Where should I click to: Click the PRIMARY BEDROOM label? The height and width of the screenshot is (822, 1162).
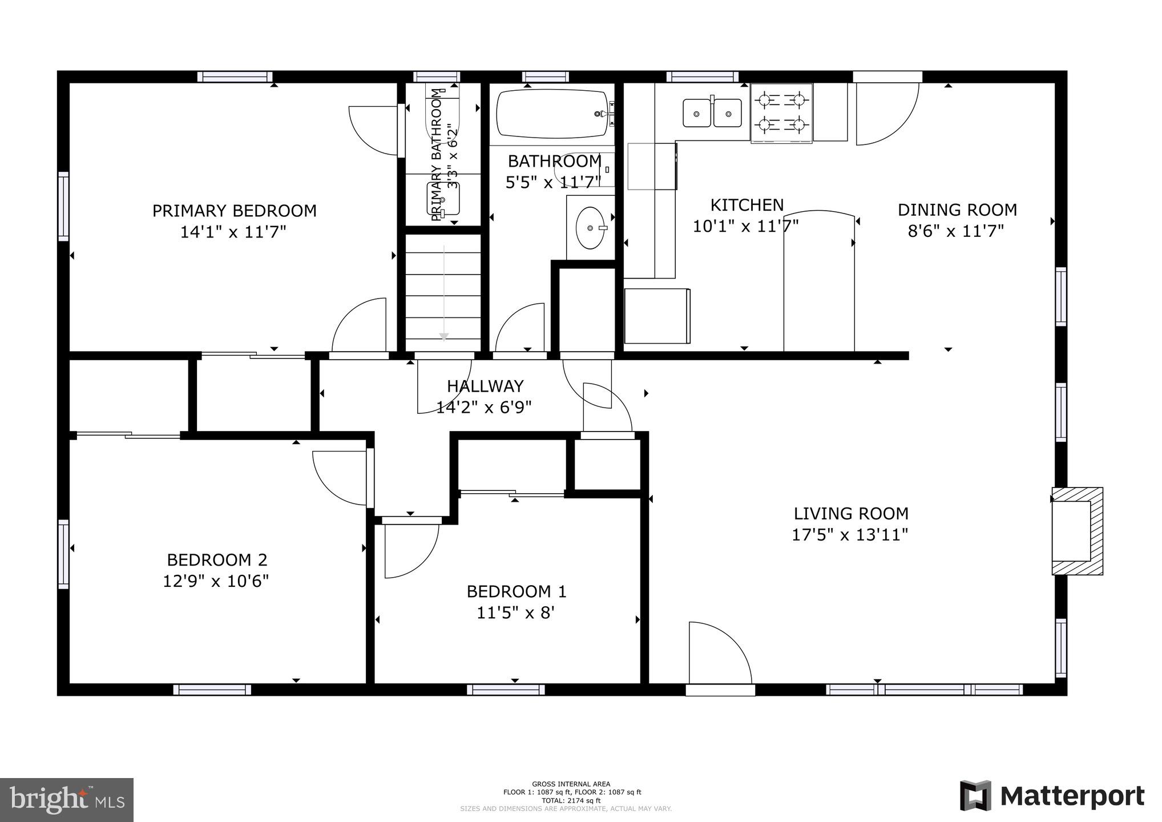(x=234, y=211)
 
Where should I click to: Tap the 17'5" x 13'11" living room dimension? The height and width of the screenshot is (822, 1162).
(x=850, y=535)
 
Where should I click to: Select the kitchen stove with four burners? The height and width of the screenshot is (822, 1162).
(x=781, y=112)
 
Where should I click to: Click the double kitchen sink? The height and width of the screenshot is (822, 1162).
(x=712, y=112)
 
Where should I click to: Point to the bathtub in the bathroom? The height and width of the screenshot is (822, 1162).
(x=552, y=114)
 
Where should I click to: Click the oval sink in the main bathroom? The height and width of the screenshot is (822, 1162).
(x=590, y=228)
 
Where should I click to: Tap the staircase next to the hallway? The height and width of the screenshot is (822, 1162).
(x=443, y=291)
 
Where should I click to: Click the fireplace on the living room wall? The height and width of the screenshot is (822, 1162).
(x=1076, y=531)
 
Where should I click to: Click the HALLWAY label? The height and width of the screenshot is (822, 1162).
(x=485, y=386)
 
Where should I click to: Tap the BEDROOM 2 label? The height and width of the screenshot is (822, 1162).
(x=217, y=559)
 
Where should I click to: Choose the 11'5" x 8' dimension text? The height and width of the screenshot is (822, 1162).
(x=515, y=613)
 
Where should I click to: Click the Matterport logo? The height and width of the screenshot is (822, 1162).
(x=1052, y=796)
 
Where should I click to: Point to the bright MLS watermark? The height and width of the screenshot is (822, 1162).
(x=66, y=800)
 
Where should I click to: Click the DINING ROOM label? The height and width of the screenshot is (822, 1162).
(x=957, y=210)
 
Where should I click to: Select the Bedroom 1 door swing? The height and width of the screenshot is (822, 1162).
(x=408, y=548)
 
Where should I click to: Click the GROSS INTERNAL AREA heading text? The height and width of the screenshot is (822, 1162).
(x=571, y=784)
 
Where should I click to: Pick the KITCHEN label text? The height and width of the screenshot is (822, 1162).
(x=747, y=205)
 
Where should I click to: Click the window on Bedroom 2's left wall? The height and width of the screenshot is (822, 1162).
(x=63, y=554)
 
